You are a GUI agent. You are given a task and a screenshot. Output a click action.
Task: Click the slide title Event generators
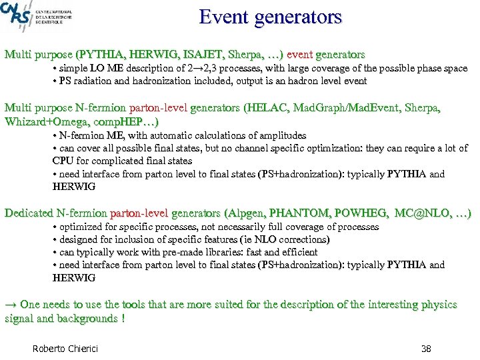point(270,17)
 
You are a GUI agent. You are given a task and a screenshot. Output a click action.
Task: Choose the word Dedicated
point(29,213)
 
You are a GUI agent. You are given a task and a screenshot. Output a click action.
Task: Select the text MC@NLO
point(420,213)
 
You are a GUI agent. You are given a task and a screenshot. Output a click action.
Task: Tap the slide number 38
point(427,349)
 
